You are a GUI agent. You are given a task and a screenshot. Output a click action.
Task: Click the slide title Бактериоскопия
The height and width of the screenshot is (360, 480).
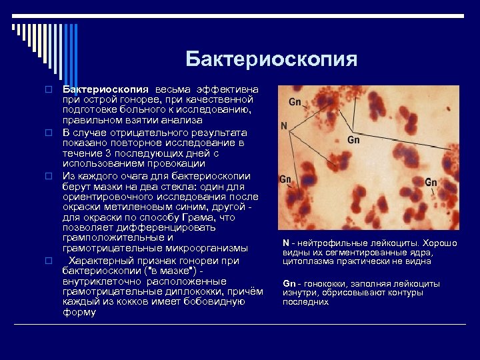pyautogui.click(x=271, y=59)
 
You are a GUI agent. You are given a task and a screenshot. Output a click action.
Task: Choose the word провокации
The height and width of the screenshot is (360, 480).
pyautogui.click(x=177, y=163)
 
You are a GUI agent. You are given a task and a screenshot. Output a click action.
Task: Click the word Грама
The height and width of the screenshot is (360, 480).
pyautogui.click(x=201, y=217)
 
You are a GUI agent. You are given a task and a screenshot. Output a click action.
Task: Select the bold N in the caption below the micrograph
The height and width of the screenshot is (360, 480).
pyautogui.click(x=285, y=243)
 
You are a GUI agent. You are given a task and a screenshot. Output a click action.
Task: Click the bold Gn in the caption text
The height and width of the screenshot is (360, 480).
pyautogui.click(x=289, y=283)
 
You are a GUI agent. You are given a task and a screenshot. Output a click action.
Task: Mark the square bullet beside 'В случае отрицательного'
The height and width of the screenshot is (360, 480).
pyautogui.click(x=49, y=132)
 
